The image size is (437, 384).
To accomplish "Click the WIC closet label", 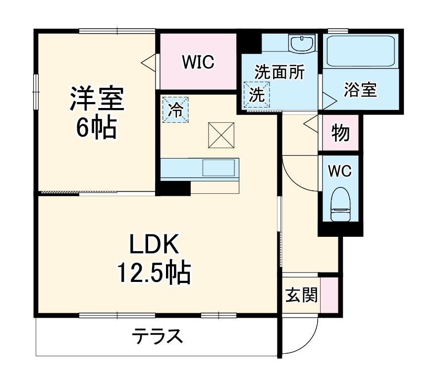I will (198, 62).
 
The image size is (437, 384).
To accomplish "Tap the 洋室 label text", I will (96, 99).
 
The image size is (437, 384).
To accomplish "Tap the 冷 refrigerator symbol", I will (175, 110).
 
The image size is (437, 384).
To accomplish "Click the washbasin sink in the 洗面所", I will (302, 44).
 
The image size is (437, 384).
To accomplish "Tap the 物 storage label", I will (340, 133).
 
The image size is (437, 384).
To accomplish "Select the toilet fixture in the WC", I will (340, 203).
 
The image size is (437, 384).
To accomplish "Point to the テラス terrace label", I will (157, 337).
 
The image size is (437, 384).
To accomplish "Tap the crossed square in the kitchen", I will (220, 134).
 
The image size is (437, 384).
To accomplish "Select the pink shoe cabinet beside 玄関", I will (329, 295).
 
